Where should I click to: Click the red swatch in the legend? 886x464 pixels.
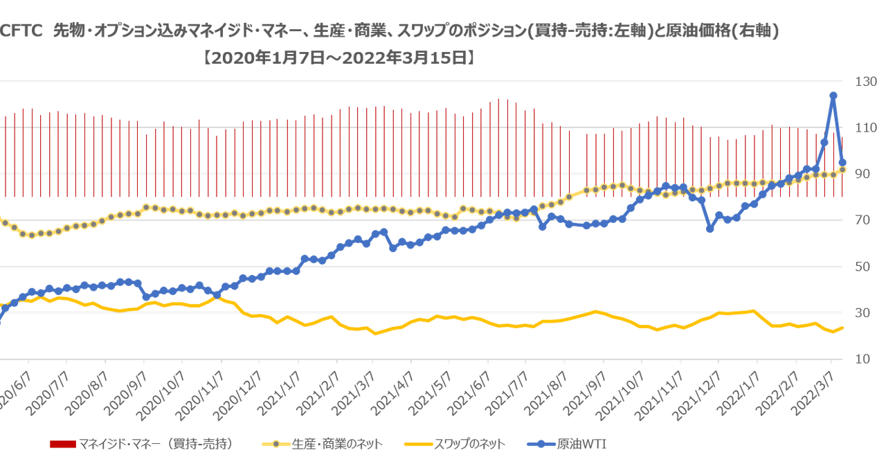click(62, 444)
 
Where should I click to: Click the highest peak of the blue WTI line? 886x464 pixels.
click(833, 95)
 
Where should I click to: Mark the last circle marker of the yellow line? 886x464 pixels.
click(843, 170)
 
